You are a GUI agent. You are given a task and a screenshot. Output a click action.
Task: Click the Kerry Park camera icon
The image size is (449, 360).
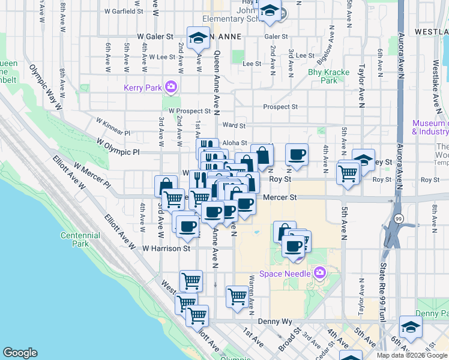pos(171,88)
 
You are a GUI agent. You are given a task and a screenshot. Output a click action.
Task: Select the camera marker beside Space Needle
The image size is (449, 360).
pos(319,274)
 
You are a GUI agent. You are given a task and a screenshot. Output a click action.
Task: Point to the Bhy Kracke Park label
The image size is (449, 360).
pos(328,76)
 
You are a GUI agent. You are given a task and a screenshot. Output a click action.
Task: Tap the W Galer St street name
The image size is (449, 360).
pos(155,37)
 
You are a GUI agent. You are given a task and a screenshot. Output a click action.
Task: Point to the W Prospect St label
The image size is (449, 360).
pos(189,111)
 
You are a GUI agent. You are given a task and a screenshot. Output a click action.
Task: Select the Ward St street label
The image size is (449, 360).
pos(234,126)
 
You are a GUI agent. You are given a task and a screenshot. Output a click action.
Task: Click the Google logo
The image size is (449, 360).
pos(20,353)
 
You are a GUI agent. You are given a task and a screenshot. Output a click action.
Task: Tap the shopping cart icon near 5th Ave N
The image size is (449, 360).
pos(348,173)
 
